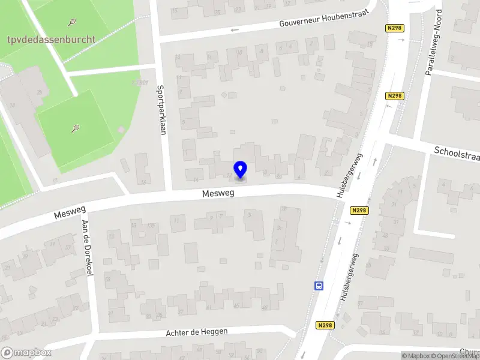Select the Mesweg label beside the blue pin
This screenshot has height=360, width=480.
pos(218,194)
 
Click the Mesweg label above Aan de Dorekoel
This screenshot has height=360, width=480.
pos(70,211)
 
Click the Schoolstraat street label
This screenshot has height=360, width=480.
pos(457,154)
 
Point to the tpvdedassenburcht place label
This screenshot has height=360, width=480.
pos(48,39)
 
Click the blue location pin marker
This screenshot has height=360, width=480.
pos(241,169)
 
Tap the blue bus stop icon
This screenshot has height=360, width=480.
pos(319,286)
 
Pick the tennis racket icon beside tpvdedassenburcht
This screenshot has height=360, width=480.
pos(73,23)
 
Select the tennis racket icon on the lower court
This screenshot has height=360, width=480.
pos(76,128)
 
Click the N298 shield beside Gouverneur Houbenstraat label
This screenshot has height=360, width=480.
pos(394,28)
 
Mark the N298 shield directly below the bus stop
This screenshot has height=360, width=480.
pos(325,325)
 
